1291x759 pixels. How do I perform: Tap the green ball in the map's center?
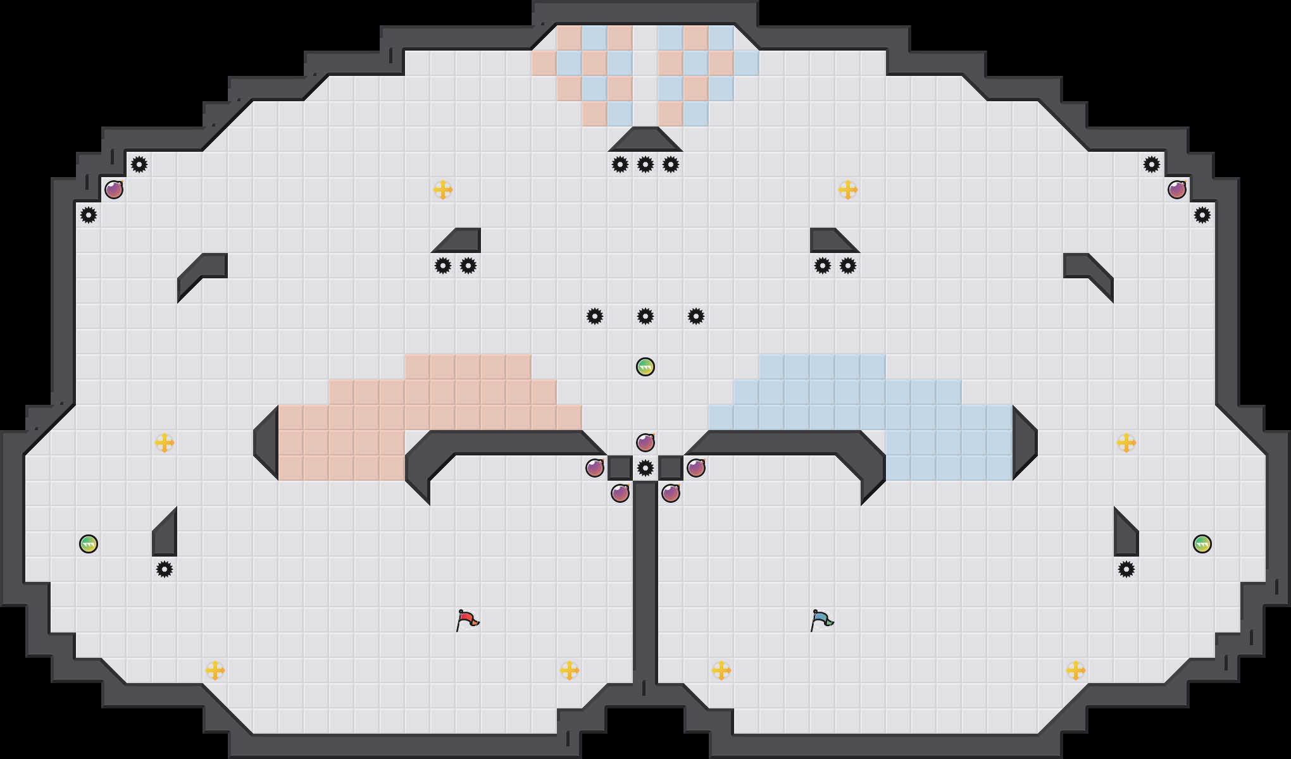[645, 367]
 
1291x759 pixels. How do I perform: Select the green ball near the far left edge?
[89, 544]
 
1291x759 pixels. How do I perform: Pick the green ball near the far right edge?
[1202, 544]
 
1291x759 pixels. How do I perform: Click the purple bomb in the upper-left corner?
[114, 190]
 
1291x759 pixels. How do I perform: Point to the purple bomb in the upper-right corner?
[1177, 190]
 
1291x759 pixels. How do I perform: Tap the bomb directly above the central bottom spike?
[645, 443]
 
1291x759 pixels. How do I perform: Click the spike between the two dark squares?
[645, 468]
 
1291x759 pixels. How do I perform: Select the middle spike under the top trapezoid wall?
[645, 164]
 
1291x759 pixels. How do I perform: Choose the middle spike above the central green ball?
[645, 316]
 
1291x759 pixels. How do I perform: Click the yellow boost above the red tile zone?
[443, 190]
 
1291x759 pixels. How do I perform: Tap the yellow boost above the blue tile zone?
[848, 190]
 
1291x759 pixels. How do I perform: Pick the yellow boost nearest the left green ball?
[165, 443]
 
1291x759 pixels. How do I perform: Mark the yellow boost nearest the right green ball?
[1126, 443]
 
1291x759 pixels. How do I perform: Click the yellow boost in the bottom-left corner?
[215, 670]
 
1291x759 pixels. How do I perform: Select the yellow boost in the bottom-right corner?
[1076, 670]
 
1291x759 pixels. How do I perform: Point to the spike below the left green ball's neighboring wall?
[165, 569]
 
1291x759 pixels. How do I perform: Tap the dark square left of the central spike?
[620, 468]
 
